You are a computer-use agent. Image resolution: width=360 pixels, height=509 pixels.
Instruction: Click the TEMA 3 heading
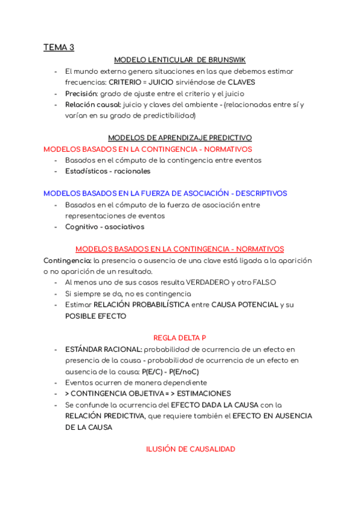coord(59,47)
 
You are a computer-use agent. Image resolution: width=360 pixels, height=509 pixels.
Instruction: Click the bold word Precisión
coord(81,94)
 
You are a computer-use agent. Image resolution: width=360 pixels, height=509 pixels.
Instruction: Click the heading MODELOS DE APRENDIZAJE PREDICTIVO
coord(179,137)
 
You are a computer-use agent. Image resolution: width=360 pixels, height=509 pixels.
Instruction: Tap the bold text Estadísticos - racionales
coord(107,171)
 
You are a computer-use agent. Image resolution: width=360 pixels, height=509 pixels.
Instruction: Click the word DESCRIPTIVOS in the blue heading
coord(261,193)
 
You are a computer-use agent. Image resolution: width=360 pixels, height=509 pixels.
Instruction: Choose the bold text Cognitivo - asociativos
coord(104,227)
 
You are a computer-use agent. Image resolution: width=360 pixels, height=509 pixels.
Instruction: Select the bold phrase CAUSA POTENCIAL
coord(244,305)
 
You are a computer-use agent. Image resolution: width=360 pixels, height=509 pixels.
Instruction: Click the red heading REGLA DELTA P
coord(179,338)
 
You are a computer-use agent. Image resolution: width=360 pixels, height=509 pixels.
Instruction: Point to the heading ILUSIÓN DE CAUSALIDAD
coord(190,449)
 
